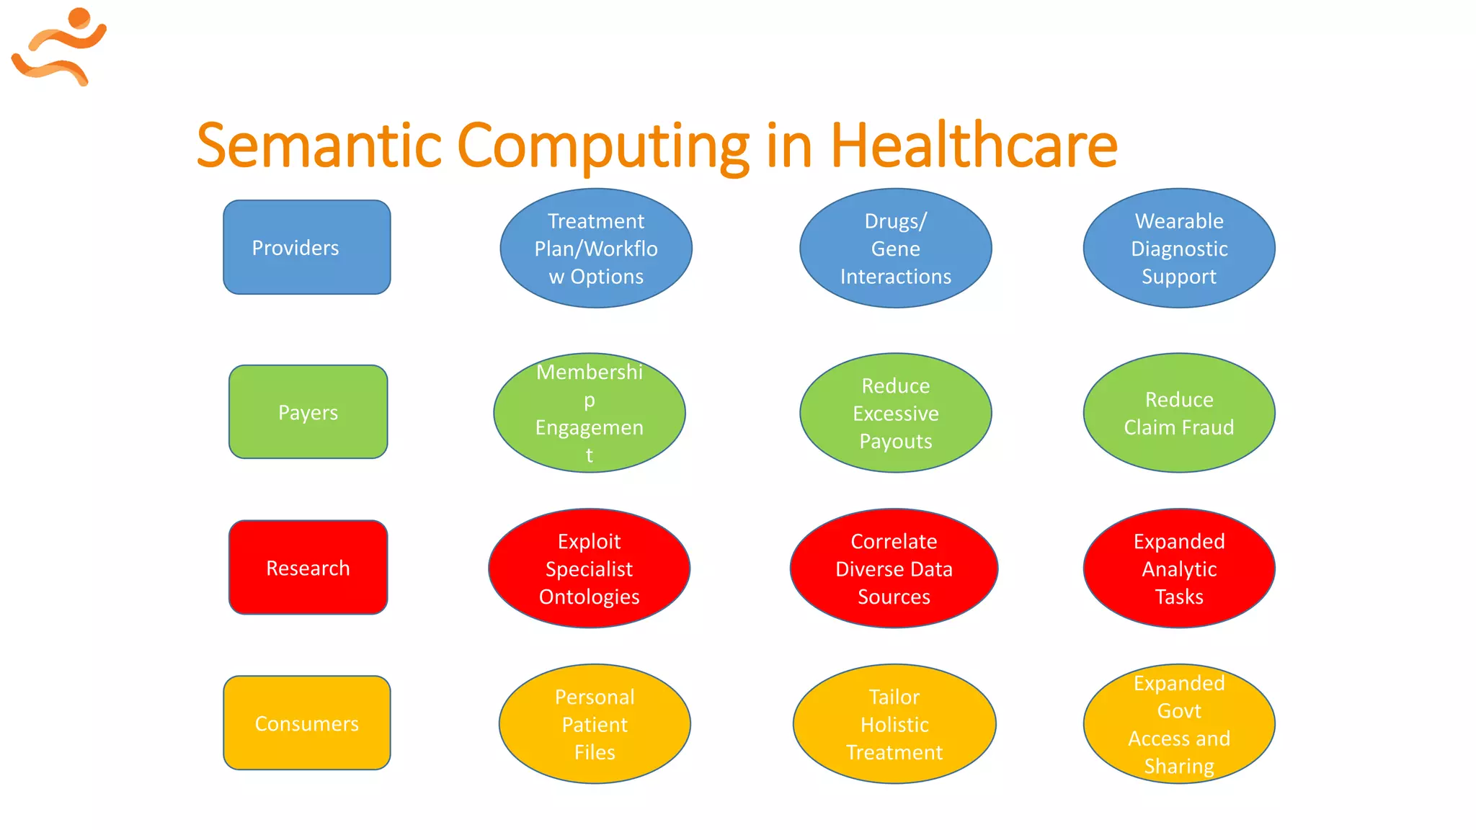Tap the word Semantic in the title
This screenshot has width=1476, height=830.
pyautogui.click(x=319, y=146)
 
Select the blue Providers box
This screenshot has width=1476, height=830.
pyautogui.click(x=307, y=247)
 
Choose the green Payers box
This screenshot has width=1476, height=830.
pyautogui.click(x=308, y=412)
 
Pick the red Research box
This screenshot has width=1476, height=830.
pyautogui.click(x=308, y=568)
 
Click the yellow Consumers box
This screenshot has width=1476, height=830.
pyautogui.click(x=307, y=723)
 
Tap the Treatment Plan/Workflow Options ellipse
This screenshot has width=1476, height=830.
pyautogui.click(x=596, y=249)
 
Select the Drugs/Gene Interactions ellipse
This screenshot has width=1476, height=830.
pyautogui.click(x=895, y=249)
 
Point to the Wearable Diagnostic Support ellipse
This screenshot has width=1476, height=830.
pyautogui.click(x=1179, y=249)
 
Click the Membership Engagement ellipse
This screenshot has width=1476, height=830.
pyautogui.click(x=590, y=413)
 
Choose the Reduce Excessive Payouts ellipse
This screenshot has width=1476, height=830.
pyautogui.click(x=895, y=413)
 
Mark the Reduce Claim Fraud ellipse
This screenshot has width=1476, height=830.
pyautogui.click(x=1179, y=413)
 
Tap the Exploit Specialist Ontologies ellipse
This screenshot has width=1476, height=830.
pyautogui.click(x=590, y=568)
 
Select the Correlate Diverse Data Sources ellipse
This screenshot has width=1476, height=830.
pyautogui.click(x=894, y=568)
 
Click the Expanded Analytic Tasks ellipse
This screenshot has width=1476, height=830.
pyautogui.click(x=1179, y=568)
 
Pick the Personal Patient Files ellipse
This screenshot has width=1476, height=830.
pyautogui.click(x=595, y=724)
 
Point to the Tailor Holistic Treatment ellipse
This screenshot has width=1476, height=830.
pyautogui.click(x=894, y=724)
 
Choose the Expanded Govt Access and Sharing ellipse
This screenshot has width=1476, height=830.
pyautogui.click(x=1179, y=724)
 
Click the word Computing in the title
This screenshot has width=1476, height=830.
pyautogui.click(x=603, y=146)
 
